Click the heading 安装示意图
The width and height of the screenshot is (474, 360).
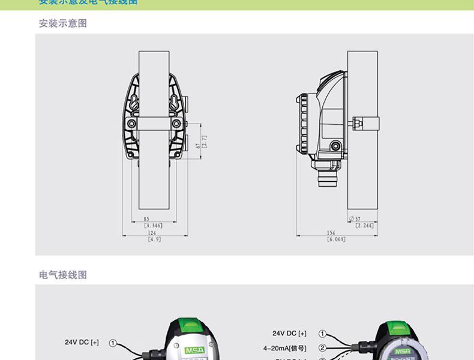(63, 24)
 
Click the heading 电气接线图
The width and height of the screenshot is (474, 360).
(63, 275)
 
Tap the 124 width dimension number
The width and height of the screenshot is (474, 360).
(152, 233)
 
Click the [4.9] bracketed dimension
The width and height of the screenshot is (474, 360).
(154, 239)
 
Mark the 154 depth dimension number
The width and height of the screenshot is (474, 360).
(331, 233)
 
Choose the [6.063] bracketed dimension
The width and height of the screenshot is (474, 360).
(336, 239)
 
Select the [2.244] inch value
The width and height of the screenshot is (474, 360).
(364, 226)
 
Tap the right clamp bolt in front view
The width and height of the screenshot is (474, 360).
(176, 124)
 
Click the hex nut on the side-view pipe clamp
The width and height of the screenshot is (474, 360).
(358, 124)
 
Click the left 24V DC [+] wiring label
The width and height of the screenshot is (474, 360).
(82, 343)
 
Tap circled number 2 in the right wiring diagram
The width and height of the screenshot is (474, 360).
(322, 347)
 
